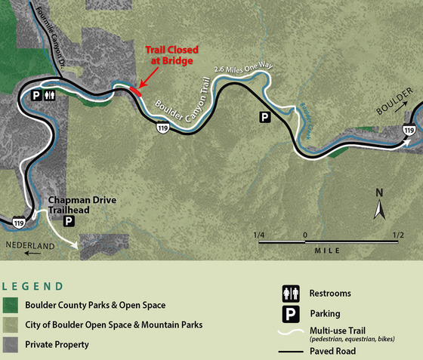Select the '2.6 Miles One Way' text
(x=244, y=69)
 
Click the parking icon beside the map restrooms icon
(x=35, y=96)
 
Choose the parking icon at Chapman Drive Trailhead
(x=69, y=221)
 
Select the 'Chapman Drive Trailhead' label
(x=75, y=205)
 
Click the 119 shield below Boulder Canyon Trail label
(x=163, y=128)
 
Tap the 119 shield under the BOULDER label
(x=409, y=131)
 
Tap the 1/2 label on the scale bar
(x=398, y=235)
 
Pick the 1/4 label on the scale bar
(x=259, y=235)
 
